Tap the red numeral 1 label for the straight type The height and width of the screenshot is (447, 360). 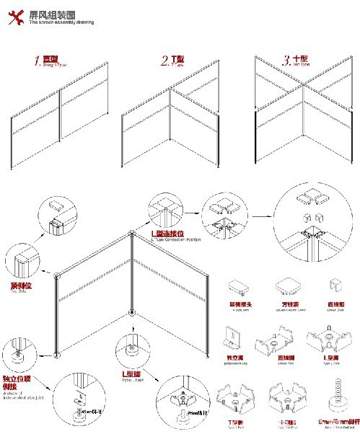(38, 61)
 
